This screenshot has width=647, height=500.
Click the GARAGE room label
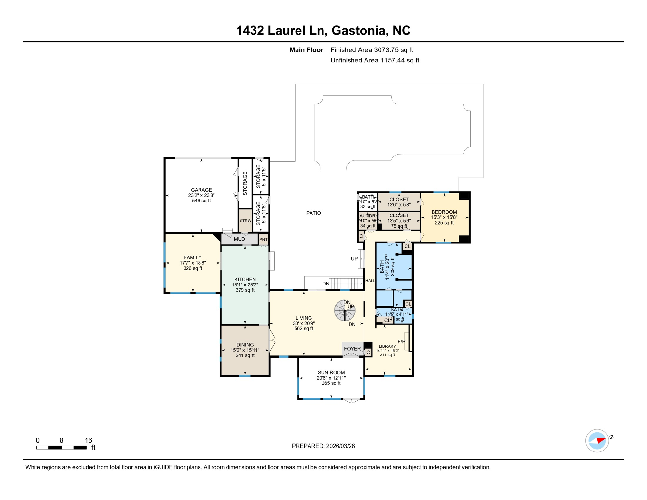201,190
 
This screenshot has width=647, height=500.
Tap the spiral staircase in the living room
344,311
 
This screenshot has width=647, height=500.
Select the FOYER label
352,349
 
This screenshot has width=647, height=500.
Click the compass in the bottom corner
597,441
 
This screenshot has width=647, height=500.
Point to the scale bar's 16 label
88,440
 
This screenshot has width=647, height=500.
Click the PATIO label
313,213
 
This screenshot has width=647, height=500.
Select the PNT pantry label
263,239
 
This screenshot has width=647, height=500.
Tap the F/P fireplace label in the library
401,341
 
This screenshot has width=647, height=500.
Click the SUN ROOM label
331,373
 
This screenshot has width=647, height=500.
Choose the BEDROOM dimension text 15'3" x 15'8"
444,217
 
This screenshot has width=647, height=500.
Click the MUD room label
239,239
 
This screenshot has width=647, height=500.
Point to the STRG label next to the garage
245,221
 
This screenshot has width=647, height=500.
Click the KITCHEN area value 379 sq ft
245,290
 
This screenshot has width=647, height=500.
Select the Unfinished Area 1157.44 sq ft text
375,60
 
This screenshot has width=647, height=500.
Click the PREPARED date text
323,446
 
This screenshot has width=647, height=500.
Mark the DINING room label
245,345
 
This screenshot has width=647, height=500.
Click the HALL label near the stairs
370,281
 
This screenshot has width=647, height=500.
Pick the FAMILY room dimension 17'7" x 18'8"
193,263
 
